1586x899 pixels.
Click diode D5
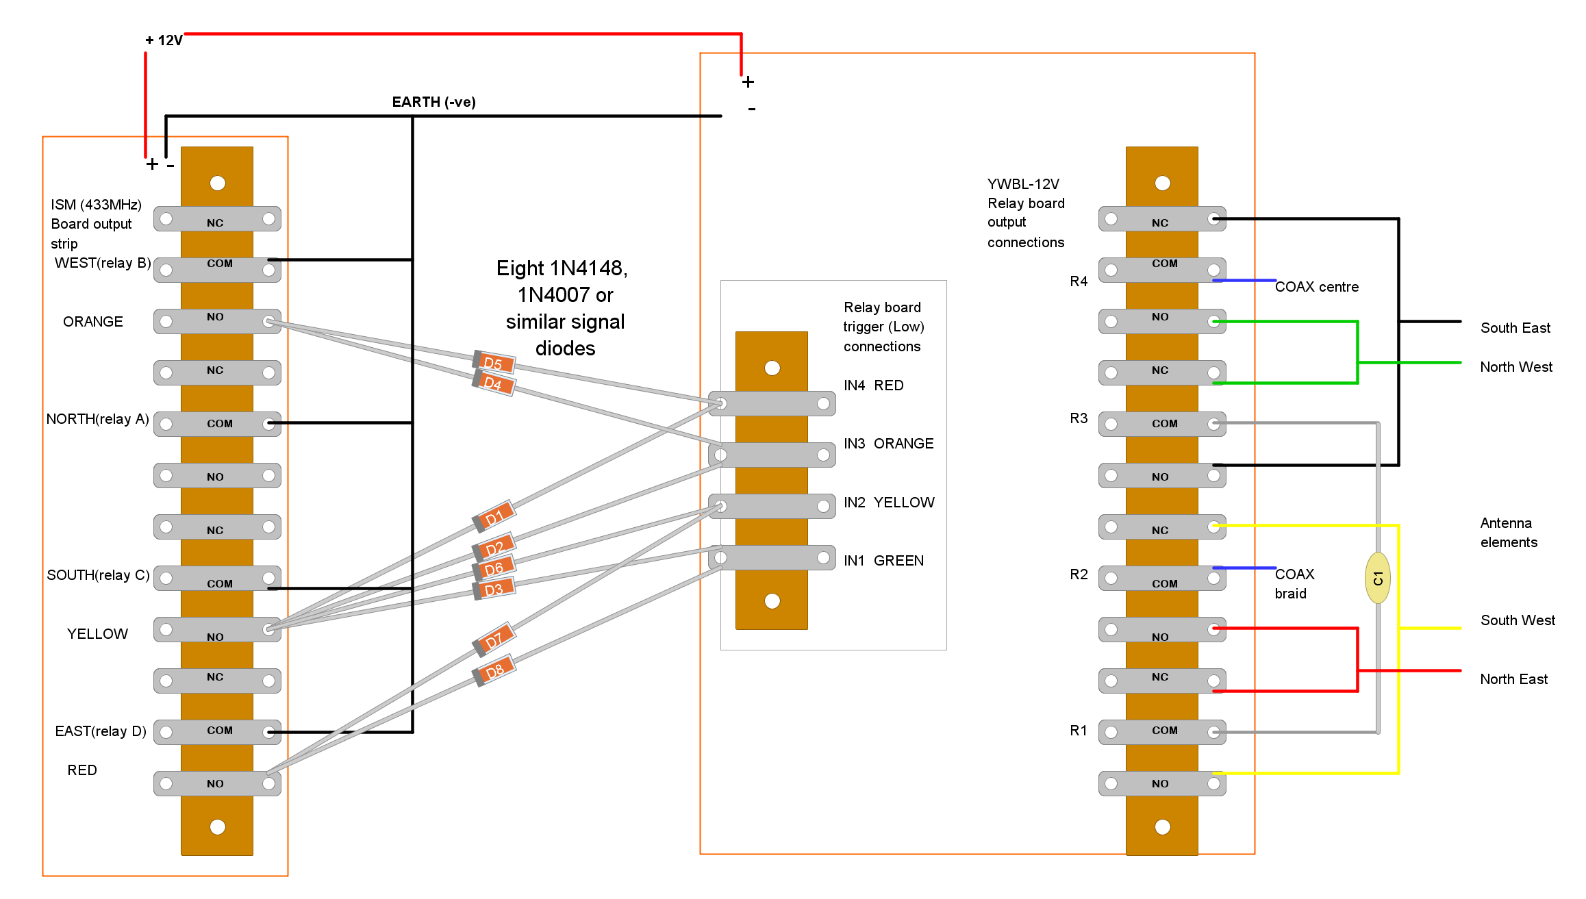coord(494,362)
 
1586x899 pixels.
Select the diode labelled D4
coord(494,383)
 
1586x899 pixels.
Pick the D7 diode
coord(494,640)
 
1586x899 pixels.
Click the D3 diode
coord(494,590)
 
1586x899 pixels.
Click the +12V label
coord(164,40)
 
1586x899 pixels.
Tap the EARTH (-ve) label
coord(433,102)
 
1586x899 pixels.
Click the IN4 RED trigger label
coord(873,385)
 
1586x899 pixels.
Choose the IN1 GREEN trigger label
coord(883,561)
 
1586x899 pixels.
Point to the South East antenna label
coord(1515,328)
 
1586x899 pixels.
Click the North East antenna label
coord(1513,679)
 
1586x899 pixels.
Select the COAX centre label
coord(1316,287)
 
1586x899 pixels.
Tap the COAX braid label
coord(1294,583)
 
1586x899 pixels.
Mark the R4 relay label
coord(1079,281)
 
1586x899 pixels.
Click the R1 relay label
coord(1079,731)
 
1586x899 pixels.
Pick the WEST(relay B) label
coord(103,263)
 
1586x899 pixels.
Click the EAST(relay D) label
coord(101,731)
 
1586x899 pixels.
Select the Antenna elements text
coord(1508,533)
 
